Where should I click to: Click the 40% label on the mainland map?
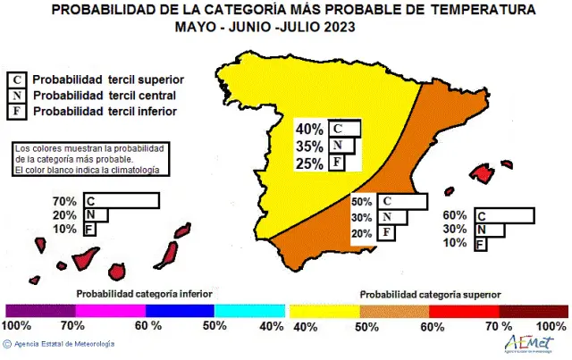coord(309,129)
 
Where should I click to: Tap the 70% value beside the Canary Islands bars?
coord(64,200)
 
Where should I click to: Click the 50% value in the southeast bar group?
coord(362,202)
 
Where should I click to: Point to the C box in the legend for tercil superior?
coord(15,80)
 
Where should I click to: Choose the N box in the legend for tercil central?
coord(15,96)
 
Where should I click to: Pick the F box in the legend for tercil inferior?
coord(15,111)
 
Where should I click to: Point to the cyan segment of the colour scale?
coord(249,310)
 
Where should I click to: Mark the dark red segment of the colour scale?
coord(532,310)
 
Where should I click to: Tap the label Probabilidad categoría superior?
coord(430,293)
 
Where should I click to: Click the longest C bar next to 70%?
coord(120,200)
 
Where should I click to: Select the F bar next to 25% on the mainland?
coord(336,163)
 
